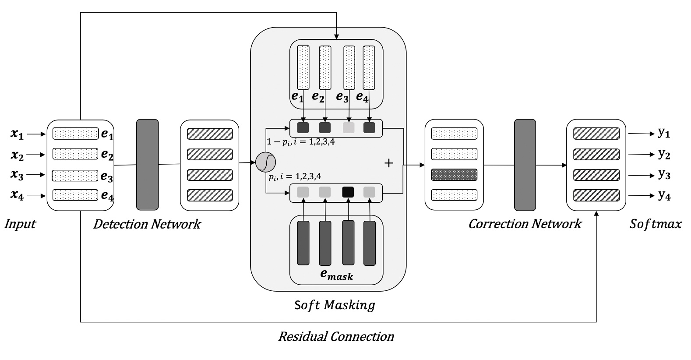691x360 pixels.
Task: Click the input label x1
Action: click(x=17, y=134)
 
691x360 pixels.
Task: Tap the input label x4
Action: click(x=17, y=195)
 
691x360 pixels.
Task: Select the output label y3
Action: click(x=664, y=175)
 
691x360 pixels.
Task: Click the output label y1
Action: click(x=664, y=133)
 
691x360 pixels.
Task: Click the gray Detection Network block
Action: click(x=147, y=164)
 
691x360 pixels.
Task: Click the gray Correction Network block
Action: click(x=525, y=164)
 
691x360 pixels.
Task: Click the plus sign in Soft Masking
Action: click(x=388, y=163)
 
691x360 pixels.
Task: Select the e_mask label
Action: click(x=336, y=275)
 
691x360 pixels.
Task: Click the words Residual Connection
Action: click(x=336, y=337)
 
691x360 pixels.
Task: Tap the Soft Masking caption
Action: click(x=335, y=305)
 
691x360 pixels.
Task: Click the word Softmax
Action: click(x=656, y=224)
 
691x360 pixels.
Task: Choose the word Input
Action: click(x=20, y=224)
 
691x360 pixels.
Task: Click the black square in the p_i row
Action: click(x=348, y=192)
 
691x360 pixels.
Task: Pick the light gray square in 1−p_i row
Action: click(x=349, y=128)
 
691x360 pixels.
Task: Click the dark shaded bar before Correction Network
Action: click(x=454, y=175)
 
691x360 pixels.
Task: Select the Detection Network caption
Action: click(x=147, y=224)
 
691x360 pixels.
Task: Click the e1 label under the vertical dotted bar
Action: click(x=297, y=97)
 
